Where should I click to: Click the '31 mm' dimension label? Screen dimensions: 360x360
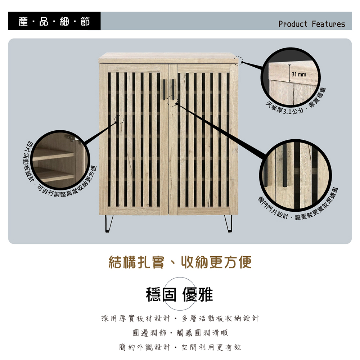(299, 75)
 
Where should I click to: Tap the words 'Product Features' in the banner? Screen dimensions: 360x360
(311, 24)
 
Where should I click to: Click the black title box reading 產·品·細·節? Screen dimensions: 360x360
(54, 21)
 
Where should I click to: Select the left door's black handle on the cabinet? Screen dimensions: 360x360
(164, 90)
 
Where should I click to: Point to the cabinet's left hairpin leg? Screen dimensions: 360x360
(109, 224)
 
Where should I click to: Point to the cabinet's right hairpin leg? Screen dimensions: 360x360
(228, 224)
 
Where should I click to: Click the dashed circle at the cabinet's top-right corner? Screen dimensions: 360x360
(238, 60)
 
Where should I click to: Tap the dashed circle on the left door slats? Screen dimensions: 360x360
(119, 120)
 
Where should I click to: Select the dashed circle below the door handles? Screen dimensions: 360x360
(172, 101)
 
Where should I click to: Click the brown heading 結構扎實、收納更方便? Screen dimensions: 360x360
(180, 262)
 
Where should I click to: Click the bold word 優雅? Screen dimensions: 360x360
(197, 294)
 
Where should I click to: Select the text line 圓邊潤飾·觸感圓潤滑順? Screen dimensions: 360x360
(180, 333)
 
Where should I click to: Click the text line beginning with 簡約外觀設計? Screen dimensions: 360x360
(180, 347)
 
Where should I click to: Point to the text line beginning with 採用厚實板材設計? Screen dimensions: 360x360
(180, 318)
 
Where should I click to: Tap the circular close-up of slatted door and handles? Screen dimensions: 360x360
(296, 175)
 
